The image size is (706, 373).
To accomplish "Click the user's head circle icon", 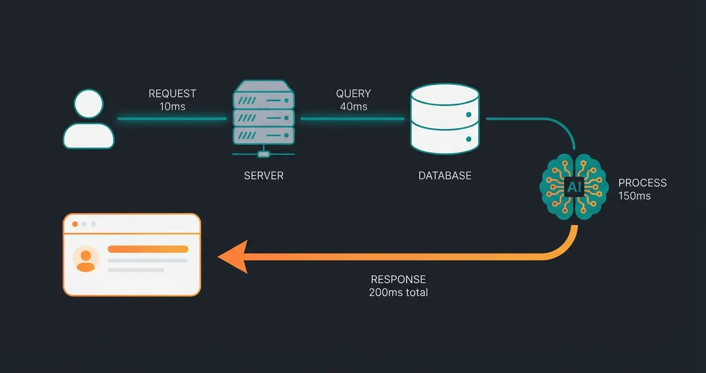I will click(88, 104).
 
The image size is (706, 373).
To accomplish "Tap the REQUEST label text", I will click(173, 94).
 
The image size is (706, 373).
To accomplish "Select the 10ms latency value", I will click(173, 106).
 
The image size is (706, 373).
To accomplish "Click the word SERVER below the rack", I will click(264, 176).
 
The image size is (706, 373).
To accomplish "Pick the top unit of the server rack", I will click(264, 100).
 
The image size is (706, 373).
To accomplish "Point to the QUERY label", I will click(353, 94).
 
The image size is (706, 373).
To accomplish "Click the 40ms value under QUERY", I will click(353, 106).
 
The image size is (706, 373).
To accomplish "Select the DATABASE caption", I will click(445, 176).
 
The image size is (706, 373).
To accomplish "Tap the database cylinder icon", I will click(445, 119).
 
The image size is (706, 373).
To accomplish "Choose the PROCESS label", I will click(643, 183).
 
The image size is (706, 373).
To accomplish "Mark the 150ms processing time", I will click(635, 196).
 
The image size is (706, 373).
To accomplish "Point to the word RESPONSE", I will click(398, 279).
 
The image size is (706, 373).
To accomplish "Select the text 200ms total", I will click(398, 292).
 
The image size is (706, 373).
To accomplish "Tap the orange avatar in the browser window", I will click(86, 260).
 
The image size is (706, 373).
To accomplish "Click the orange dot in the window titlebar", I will click(75, 224).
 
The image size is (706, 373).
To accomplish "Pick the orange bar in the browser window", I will click(148, 249).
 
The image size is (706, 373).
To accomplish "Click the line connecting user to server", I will click(172, 119).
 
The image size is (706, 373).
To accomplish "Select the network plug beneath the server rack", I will click(264, 154).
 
